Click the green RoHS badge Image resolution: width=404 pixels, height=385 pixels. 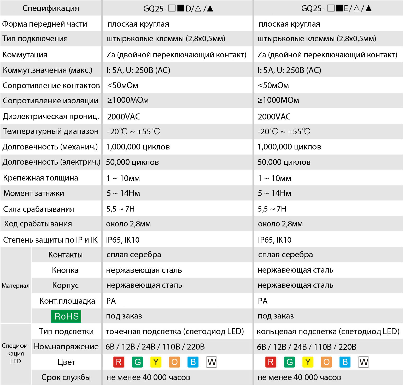pos(66,316)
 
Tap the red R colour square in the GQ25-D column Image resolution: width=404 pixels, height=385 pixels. pos(119,362)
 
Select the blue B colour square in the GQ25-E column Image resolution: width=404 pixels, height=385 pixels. pos(345,362)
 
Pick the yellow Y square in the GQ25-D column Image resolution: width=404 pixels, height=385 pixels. pos(156,362)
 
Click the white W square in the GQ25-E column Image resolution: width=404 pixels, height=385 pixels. pos(364,362)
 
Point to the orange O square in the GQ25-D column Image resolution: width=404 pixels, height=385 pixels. pos(174,362)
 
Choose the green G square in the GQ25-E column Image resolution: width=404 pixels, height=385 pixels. pos(289,362)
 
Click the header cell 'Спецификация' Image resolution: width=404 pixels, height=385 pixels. pos(51,8)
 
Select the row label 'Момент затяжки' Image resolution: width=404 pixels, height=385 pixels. pos(34,193)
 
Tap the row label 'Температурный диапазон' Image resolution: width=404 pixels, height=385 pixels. pos(51,131)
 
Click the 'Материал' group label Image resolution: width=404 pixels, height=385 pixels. pos(15,286)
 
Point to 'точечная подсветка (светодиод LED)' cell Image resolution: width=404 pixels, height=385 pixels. pos(174,332)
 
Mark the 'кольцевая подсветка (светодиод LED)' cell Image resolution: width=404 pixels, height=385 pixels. pos(328,332)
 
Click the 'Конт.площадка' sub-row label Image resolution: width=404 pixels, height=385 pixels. pos(67,301)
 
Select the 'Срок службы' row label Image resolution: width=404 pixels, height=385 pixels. pos(66,377)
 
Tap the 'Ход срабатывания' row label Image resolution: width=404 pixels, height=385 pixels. pos(38,224)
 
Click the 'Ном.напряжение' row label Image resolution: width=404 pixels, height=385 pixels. pos(66,347)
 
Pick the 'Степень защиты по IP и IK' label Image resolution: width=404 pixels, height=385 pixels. pos(50,240)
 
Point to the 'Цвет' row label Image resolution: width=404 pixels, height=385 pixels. pos(66,362)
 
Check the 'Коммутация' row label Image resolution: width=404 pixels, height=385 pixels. pos(25,55)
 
